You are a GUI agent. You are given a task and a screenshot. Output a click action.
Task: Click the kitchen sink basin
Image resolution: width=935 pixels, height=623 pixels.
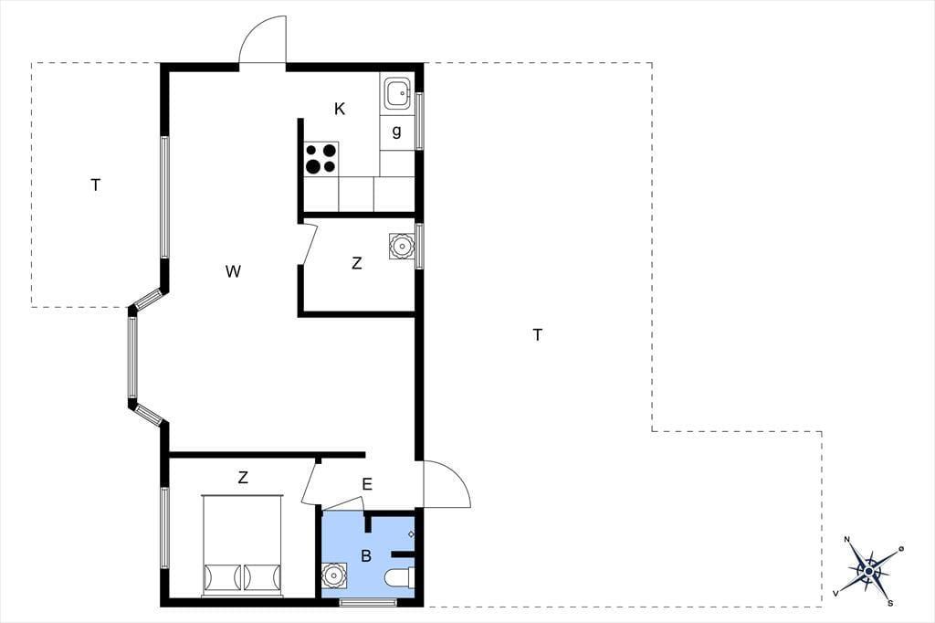pos(397,94)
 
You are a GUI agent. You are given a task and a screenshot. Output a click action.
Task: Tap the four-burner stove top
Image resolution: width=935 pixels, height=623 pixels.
pos(321,159)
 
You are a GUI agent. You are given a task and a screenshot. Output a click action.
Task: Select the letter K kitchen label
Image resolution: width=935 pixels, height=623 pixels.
pos(340,109)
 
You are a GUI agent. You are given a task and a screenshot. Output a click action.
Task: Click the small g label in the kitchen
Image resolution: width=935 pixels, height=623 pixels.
pos(396,132)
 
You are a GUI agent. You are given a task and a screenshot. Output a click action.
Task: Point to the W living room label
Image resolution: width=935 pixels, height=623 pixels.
pos(233,271)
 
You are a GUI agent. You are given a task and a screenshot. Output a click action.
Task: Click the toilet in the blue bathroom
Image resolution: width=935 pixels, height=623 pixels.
pos(400,579)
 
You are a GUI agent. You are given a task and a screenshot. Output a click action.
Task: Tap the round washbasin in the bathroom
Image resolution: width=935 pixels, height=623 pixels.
pos(334,576)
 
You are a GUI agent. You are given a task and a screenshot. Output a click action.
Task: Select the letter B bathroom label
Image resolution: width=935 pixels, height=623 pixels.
pos(366,556)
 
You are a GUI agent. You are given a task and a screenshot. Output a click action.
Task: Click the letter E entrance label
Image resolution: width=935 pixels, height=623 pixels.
pos(367,484)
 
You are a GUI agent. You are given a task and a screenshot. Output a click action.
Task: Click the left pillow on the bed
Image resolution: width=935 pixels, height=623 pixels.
pos(223,577)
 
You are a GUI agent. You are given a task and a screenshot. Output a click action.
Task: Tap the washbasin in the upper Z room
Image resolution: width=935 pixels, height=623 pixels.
pos(402,245)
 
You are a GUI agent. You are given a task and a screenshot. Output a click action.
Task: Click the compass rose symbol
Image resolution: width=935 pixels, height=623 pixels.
pos(869,571)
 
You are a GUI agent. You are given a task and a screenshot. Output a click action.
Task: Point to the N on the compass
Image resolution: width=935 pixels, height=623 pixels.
pos(846,540)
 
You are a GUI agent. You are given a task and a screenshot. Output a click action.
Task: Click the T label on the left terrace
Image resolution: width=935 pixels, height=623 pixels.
pos(95,185)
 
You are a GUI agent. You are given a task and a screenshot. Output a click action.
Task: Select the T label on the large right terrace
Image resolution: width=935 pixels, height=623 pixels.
pos(537,334)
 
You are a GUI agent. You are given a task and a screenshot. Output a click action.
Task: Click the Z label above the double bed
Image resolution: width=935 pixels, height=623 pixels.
pos(243,478)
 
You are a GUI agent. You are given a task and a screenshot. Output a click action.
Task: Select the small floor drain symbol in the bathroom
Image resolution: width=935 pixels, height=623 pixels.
pos(411,534)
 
